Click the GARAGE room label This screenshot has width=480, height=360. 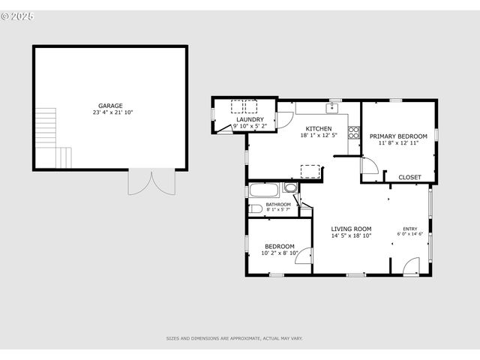tap(110, 106)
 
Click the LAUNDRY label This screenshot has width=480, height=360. tap(249, 120)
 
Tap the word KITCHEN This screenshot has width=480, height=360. tap(318, 128)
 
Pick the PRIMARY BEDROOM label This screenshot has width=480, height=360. tap(397, 136)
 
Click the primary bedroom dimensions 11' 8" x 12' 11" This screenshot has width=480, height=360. tap(397, 142)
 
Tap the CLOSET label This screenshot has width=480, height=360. tap(409, 177)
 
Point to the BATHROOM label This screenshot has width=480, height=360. tap(277, 204)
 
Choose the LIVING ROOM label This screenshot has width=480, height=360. tap(352, 229)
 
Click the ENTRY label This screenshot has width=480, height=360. tap(410, 229)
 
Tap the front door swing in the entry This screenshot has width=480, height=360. tap(411, 265)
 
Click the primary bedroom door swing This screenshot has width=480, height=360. tap(369, 168)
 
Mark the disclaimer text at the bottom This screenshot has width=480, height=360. tap(235, 338)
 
